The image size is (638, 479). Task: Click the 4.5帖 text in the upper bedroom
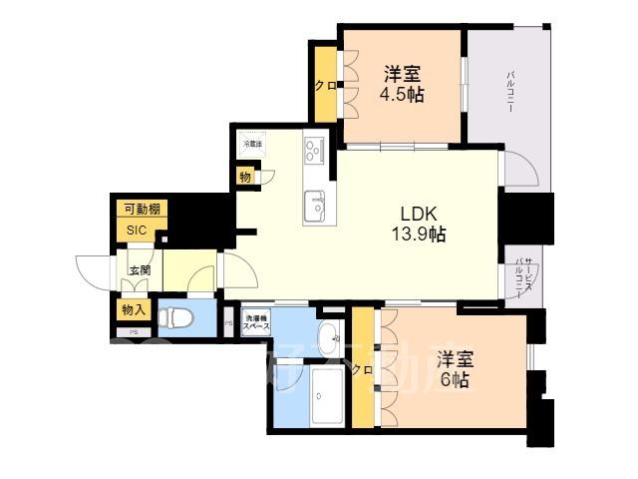402,94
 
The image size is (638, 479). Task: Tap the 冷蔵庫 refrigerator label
252,145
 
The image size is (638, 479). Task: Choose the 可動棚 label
140,210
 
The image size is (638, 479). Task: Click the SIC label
137,230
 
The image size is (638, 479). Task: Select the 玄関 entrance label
139,269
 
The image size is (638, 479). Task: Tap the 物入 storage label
134,310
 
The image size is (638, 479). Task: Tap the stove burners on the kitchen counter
316,151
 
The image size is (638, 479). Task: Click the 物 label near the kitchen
245,178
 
